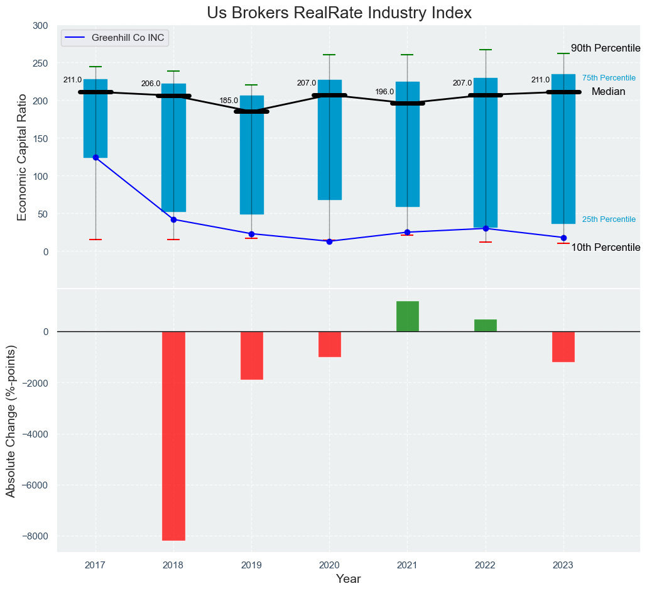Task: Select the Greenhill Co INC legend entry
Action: pos(128,38)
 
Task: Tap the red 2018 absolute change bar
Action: pos(173,436)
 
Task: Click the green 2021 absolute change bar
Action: pos(407,316)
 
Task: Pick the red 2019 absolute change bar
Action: pos(251,355)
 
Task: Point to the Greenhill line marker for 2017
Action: pos(95,157)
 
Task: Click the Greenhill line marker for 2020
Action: pos(329,241)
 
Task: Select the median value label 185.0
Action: pos(228,101)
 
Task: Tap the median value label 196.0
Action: pos(384,92)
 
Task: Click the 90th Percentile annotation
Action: pos(605,48)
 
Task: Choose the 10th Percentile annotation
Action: pos(605,248)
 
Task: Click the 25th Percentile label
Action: pos(609,219)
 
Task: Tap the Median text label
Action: pos(608,92)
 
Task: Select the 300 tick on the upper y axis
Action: pos(40,26)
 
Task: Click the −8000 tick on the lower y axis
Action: pos(36,536)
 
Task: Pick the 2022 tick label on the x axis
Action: pos(485,565)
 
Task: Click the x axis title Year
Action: pos(348,579)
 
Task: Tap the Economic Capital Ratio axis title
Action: pos(23,157)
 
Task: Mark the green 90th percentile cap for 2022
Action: pos(485,50)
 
